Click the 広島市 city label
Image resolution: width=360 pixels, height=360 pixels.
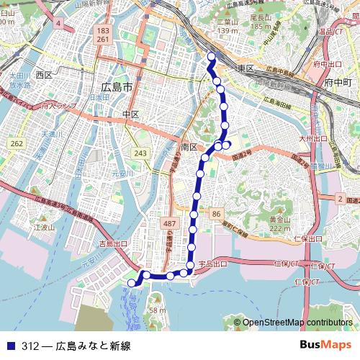(117, 87)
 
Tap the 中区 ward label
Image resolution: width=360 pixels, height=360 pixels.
(130, 114)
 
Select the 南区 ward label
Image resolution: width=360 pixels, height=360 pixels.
(189, 147)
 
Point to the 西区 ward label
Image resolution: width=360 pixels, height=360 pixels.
(44, 75)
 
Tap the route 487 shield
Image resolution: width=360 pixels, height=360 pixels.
(170, 225)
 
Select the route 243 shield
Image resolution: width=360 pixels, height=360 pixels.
(141, 153)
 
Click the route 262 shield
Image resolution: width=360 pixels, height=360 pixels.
(17, 144)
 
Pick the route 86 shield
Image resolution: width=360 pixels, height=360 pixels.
(217, 215)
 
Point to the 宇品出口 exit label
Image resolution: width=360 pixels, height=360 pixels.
(212, 264)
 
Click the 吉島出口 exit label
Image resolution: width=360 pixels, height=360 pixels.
(113, 244)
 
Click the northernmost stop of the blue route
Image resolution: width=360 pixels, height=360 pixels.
(211, 55)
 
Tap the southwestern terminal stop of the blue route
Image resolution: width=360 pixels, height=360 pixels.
(131, 284)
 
